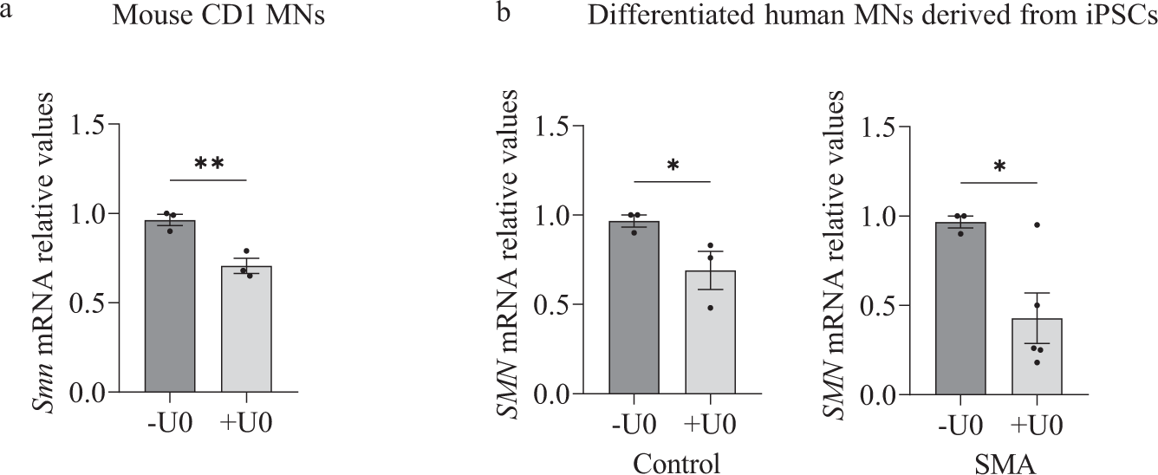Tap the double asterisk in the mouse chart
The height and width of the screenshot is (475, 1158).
pos(209,165)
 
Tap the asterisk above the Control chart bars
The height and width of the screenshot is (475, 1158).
pos(673,166)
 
